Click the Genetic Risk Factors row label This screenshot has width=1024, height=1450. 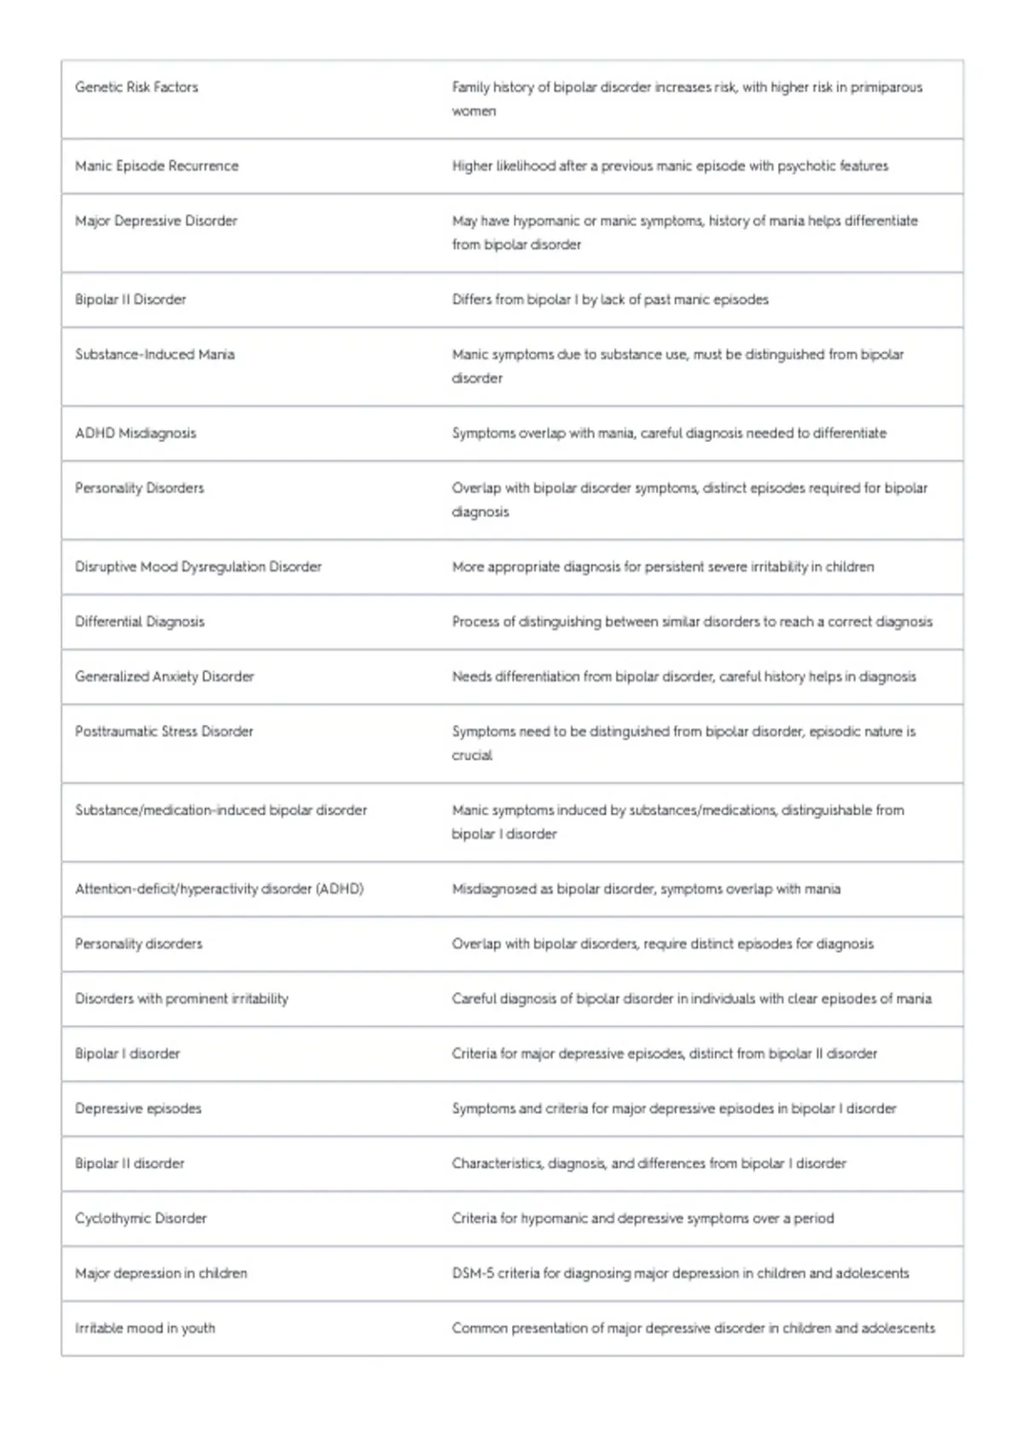(137, 87)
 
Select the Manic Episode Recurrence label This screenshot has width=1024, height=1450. (157, 165)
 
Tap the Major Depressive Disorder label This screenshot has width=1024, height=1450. (156, 221)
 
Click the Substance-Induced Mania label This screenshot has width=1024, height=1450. (154, 354)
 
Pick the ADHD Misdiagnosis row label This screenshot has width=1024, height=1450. (136, 433)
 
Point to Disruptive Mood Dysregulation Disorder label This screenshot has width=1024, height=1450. (198, 566)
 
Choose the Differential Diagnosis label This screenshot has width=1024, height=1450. (140, 622)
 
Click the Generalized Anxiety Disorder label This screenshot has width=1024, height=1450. (165, 676)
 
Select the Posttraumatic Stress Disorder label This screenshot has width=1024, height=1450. (164, 731)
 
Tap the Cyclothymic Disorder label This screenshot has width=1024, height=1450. (141, 1218)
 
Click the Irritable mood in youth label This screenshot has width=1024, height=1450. (145, 1328)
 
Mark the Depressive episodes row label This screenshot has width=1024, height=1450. (138, 1109)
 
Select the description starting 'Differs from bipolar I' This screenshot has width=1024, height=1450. (610, 299)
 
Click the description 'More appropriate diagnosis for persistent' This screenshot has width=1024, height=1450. (663, 566)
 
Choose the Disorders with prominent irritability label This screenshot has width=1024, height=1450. (182, 999)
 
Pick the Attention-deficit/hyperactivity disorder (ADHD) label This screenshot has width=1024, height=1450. (219, 889)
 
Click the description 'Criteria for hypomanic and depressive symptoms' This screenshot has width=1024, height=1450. (643, 1218)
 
